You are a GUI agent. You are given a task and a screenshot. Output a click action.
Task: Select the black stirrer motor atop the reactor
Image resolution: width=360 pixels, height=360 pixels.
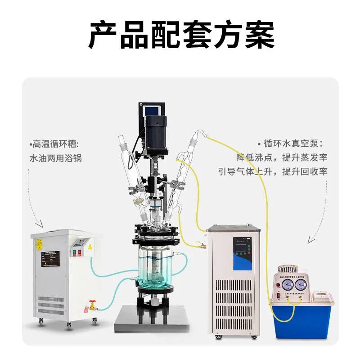click(156, 128)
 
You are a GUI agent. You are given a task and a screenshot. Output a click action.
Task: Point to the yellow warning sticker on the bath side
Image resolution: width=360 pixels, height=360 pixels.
click(40, 245)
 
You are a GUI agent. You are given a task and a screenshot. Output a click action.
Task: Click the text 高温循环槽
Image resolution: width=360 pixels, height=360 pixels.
click(57, 144)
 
